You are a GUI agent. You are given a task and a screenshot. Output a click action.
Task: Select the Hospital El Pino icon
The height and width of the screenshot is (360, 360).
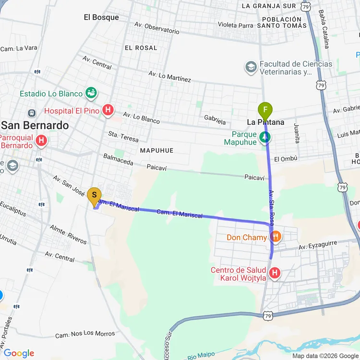[108, 111]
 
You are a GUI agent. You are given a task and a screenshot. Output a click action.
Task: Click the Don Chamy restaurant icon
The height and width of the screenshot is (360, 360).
[276, 237]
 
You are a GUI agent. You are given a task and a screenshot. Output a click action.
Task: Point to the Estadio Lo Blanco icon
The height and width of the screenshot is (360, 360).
[90, 93]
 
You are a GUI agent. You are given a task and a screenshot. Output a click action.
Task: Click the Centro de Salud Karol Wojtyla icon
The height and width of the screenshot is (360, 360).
[275, 274]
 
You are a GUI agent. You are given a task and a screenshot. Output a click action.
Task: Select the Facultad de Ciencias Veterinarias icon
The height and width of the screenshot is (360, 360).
[250, 68]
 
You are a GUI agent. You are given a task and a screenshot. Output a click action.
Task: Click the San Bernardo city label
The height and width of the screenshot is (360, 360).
[35, 125]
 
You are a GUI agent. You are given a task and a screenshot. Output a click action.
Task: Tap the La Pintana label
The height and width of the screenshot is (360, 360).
[265, 122]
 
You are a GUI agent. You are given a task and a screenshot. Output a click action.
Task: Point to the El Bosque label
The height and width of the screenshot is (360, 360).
[101, 17]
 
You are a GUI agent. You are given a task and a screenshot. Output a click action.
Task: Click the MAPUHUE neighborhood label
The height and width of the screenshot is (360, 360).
[156, 151]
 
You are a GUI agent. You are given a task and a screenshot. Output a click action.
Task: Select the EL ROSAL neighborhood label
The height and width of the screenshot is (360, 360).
[141, 48]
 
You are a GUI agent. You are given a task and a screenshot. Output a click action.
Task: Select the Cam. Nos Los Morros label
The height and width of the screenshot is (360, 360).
[85, 334]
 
